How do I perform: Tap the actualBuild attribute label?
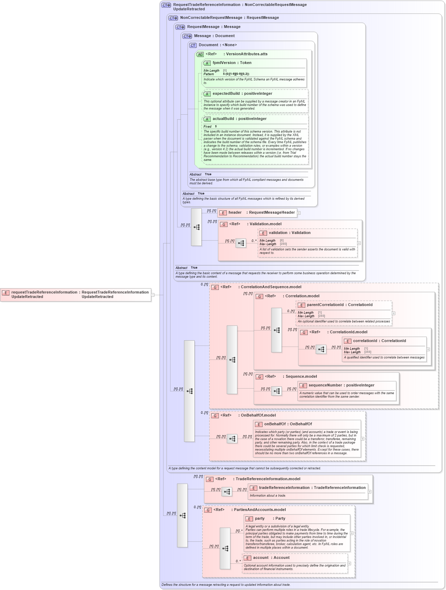point(223,119)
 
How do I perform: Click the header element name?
point(235,213)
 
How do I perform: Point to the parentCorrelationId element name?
point(325,305)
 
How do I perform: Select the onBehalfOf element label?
point(275,424)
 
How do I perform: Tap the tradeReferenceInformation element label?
point(284,488)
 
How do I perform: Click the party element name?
point(260,519)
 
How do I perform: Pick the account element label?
point(261,558)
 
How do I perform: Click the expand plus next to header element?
point(299,213)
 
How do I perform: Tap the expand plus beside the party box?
point(352,533)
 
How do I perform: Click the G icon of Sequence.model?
point(259,377)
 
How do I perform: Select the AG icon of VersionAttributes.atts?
point(200,55)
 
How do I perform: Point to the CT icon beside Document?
point(193,45)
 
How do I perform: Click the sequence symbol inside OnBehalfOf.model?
point(232,439)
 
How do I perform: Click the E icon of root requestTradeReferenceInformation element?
point(6,293)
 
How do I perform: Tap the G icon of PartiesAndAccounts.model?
point(208,510)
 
